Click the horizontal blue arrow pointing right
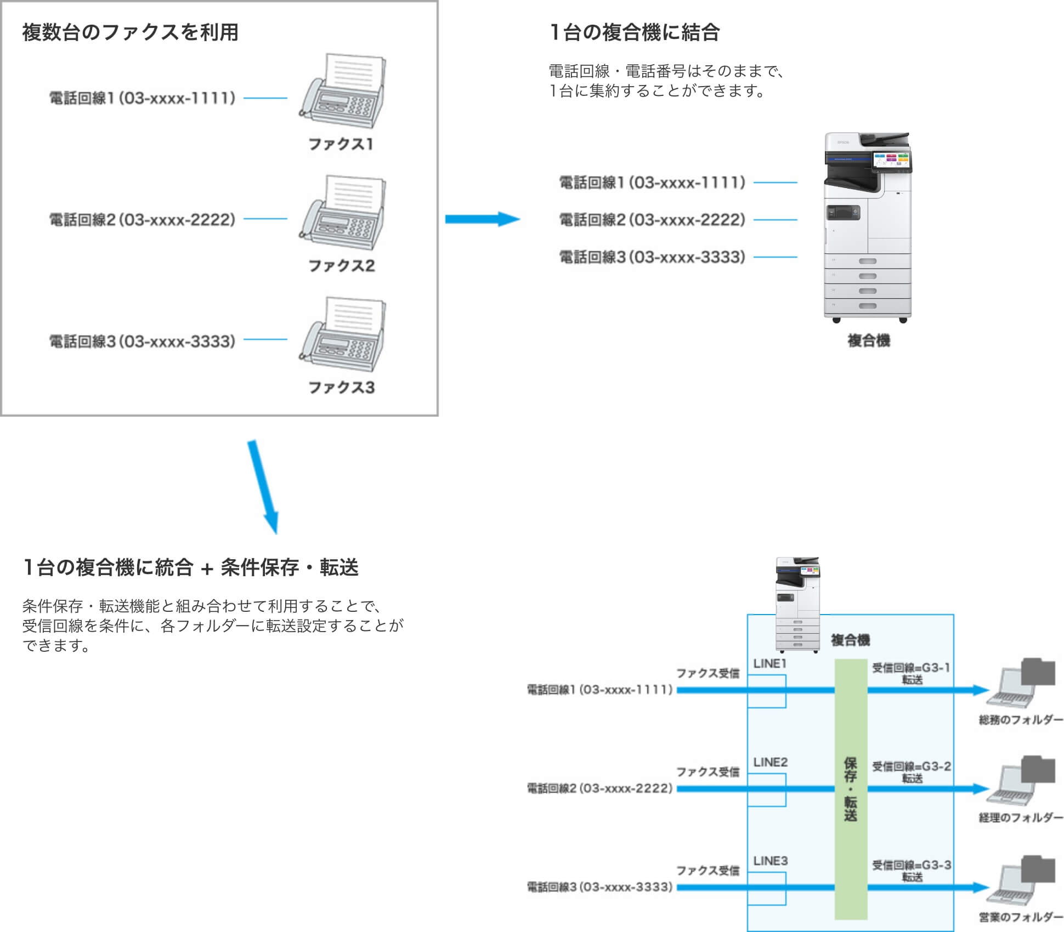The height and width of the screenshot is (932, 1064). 482,219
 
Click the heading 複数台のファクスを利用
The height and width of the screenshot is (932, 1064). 131,32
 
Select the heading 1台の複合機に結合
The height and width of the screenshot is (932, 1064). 634,32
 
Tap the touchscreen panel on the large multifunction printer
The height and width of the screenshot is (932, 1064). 891,160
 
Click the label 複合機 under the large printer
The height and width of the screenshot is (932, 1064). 868,340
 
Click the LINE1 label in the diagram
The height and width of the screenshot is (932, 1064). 769,663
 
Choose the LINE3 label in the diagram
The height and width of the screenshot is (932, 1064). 770,861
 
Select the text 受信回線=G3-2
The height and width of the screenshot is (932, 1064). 912,766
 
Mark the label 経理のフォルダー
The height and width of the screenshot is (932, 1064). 1021,817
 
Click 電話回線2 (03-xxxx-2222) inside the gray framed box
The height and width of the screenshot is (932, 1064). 142,220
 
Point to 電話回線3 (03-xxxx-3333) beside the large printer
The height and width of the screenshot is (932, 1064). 652,257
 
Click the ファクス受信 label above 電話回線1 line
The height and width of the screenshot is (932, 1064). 708,673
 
